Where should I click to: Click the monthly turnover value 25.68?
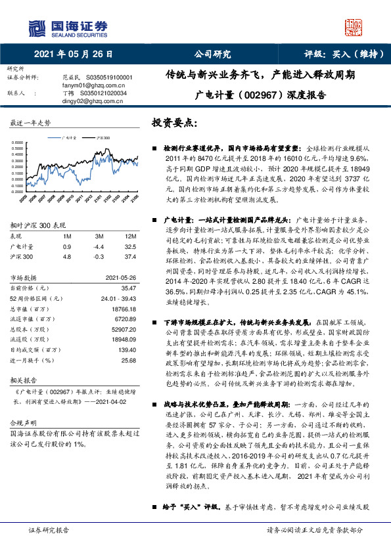128,361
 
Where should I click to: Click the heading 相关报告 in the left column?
24,380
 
